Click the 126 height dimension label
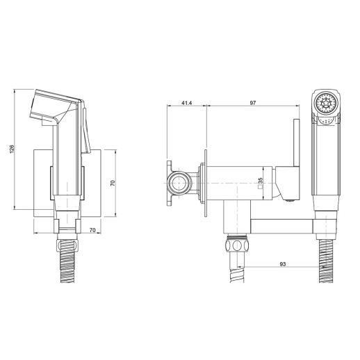pyautogui.click(x=12, y=149)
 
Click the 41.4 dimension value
pyautogui.click(x=186, y=103)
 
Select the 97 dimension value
pyautogui.click(x=253, y=103)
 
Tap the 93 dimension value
pyautogui.click(x=283, y=264)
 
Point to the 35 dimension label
pyautogui.click(x=260, y=180)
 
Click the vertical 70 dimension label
pyautogui.click(x=113, y=183)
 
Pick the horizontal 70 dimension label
pyautogui.click(x=92, y=230)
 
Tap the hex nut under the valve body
pyautogui.click(x=237, y=245)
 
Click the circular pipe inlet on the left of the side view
pyautogui.click(x=179, y=183)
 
